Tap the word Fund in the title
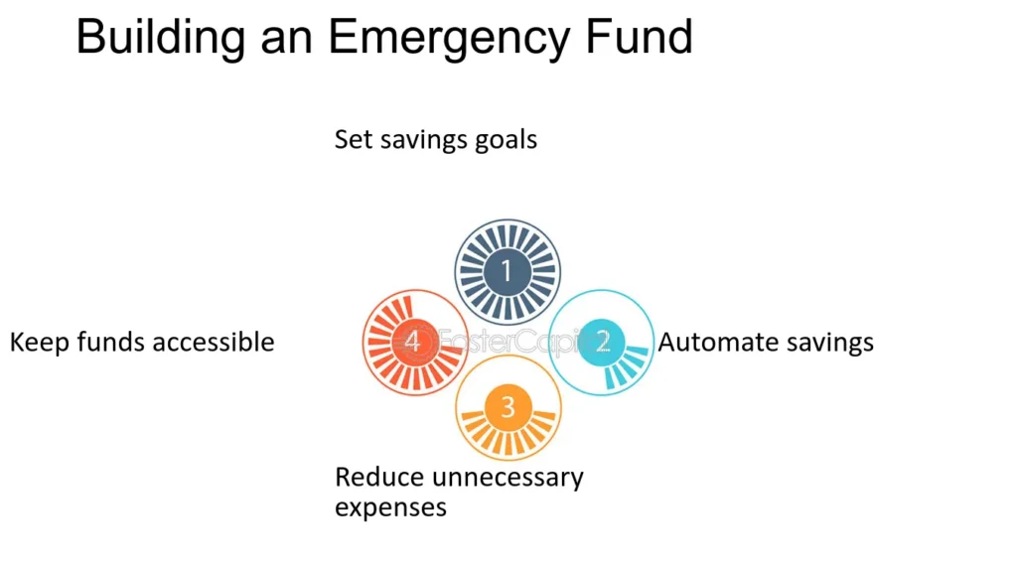point(640,37)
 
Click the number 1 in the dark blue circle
point(507,270)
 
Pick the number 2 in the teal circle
point(603,342)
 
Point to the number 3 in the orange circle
point(508,407)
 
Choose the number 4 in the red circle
point(412,342)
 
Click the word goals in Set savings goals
point(506,141)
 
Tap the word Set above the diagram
point(353,139)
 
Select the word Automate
point(709,342)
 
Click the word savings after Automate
point(820,343)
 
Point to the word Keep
point(40,343)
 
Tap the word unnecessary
point(508,479)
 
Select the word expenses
point(390,507)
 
